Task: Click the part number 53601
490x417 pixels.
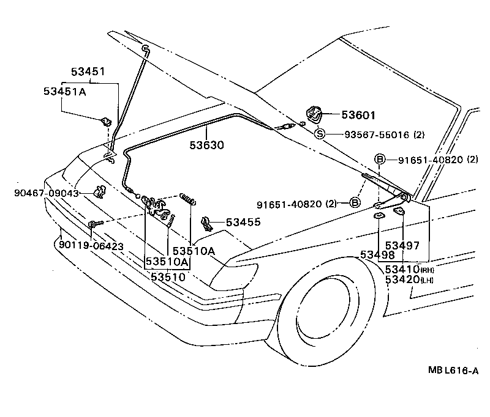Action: (x=358, y=115)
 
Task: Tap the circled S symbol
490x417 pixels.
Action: (x=320, y=134)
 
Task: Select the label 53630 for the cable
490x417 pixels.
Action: (x=206, y=146)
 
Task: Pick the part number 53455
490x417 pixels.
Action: (x=243, y=223)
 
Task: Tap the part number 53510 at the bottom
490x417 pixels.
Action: (x=168, y=277)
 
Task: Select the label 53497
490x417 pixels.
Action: (x=402, y=245)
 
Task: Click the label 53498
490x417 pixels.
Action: (x=377, y=255)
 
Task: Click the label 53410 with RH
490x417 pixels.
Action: (x=402, y=269)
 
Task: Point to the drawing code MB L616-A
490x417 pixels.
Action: (x=453, y=371)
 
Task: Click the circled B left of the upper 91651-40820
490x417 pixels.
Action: (x=379, y=160)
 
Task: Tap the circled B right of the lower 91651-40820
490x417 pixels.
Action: (x=355, y=203)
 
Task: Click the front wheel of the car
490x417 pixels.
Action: (x=331, y=306)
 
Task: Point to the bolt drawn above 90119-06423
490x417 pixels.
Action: (x=92, y=224)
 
